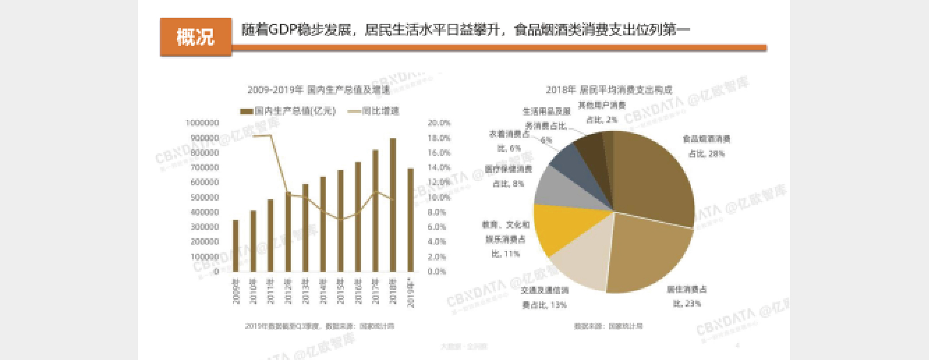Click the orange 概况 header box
(196, 37)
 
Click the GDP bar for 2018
(393, 204)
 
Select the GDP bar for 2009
(236, 246)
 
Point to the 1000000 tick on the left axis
(202, 123)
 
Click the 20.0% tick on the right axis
(439, 123)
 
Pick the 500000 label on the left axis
(204, 197)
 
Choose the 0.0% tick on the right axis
(437, 272)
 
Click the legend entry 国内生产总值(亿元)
(288, 111)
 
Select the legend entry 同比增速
(374, 111)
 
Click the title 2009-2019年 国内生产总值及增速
(319, 90)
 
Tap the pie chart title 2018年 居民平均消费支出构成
(609, 90)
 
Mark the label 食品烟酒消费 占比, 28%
(706, 146)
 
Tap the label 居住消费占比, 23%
(687, 296)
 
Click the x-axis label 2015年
(340, 291)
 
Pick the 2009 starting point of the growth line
(253, 136)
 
